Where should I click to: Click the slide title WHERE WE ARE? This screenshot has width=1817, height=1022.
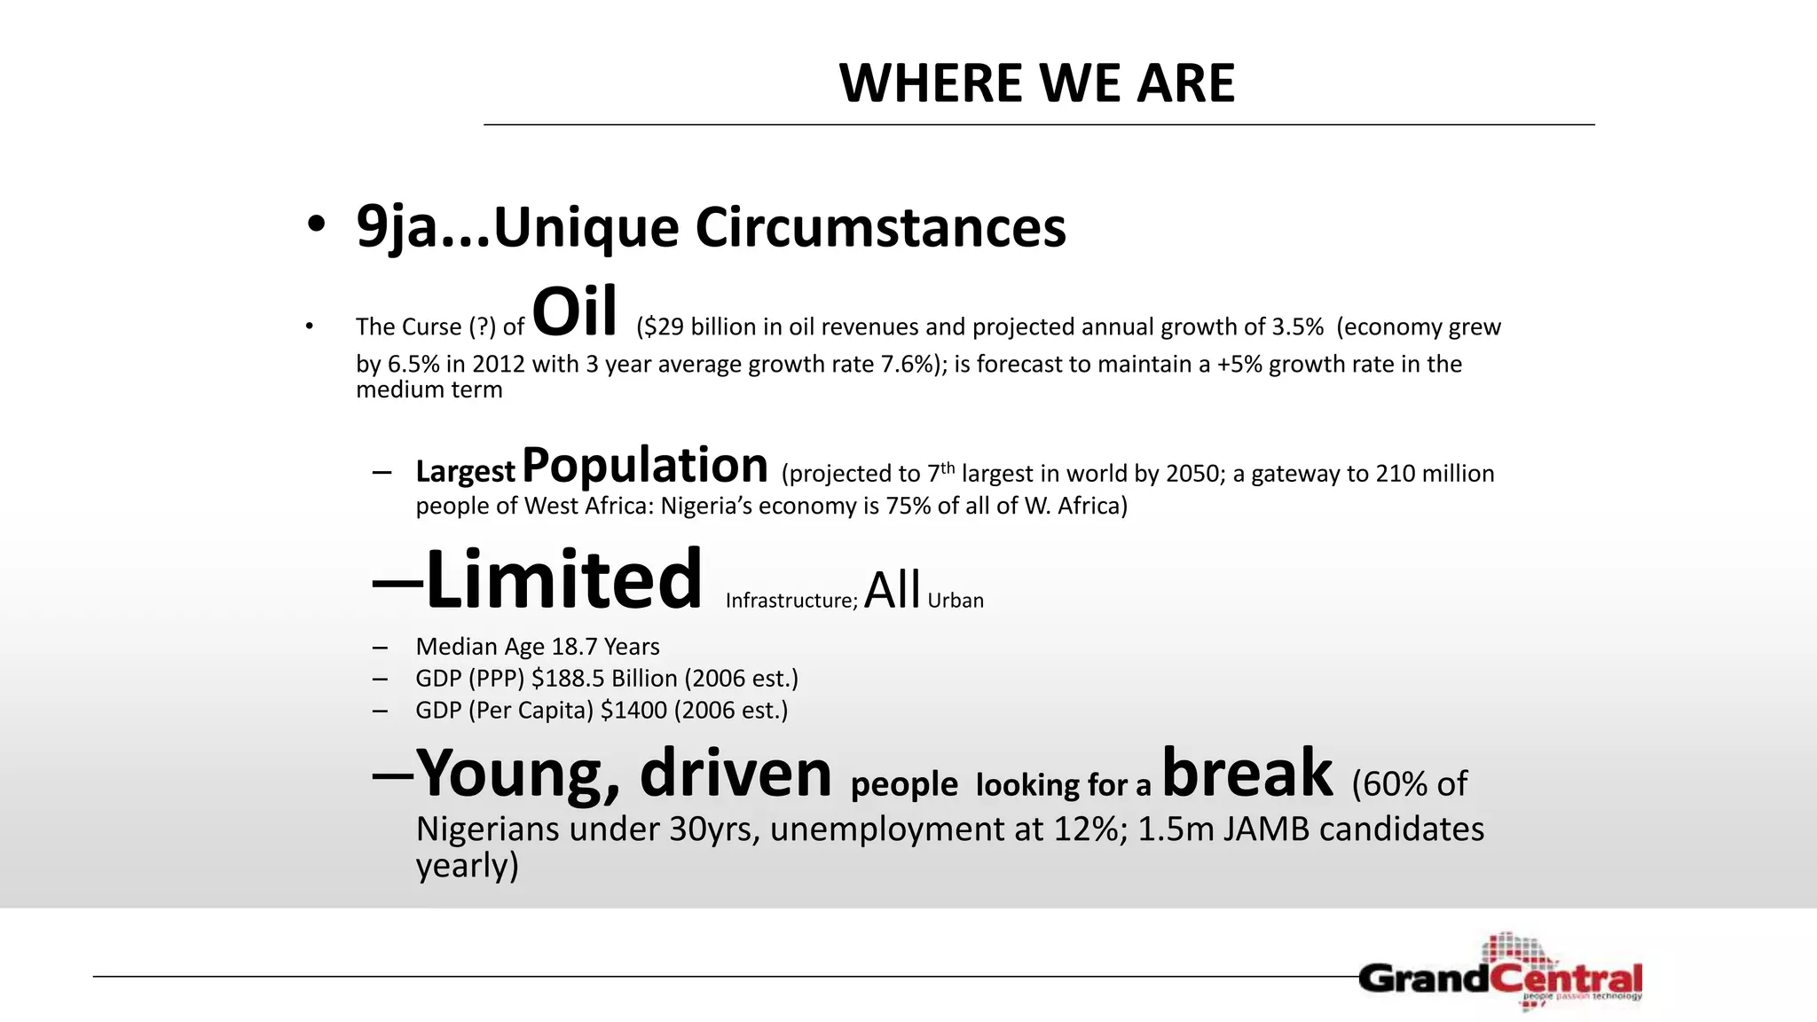pos(1036,83)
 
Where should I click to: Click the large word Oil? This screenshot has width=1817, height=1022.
pos(574,313)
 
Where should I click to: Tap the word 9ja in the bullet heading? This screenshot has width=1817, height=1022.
pos(397,228)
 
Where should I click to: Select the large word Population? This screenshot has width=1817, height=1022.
pos(645,466)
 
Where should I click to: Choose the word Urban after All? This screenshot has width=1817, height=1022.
pos(956,601)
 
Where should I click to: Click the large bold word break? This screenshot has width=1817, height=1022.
pos(1247,773)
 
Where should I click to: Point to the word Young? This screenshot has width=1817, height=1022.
pos(518,774)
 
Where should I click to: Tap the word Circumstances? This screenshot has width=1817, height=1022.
pos(880,228)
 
